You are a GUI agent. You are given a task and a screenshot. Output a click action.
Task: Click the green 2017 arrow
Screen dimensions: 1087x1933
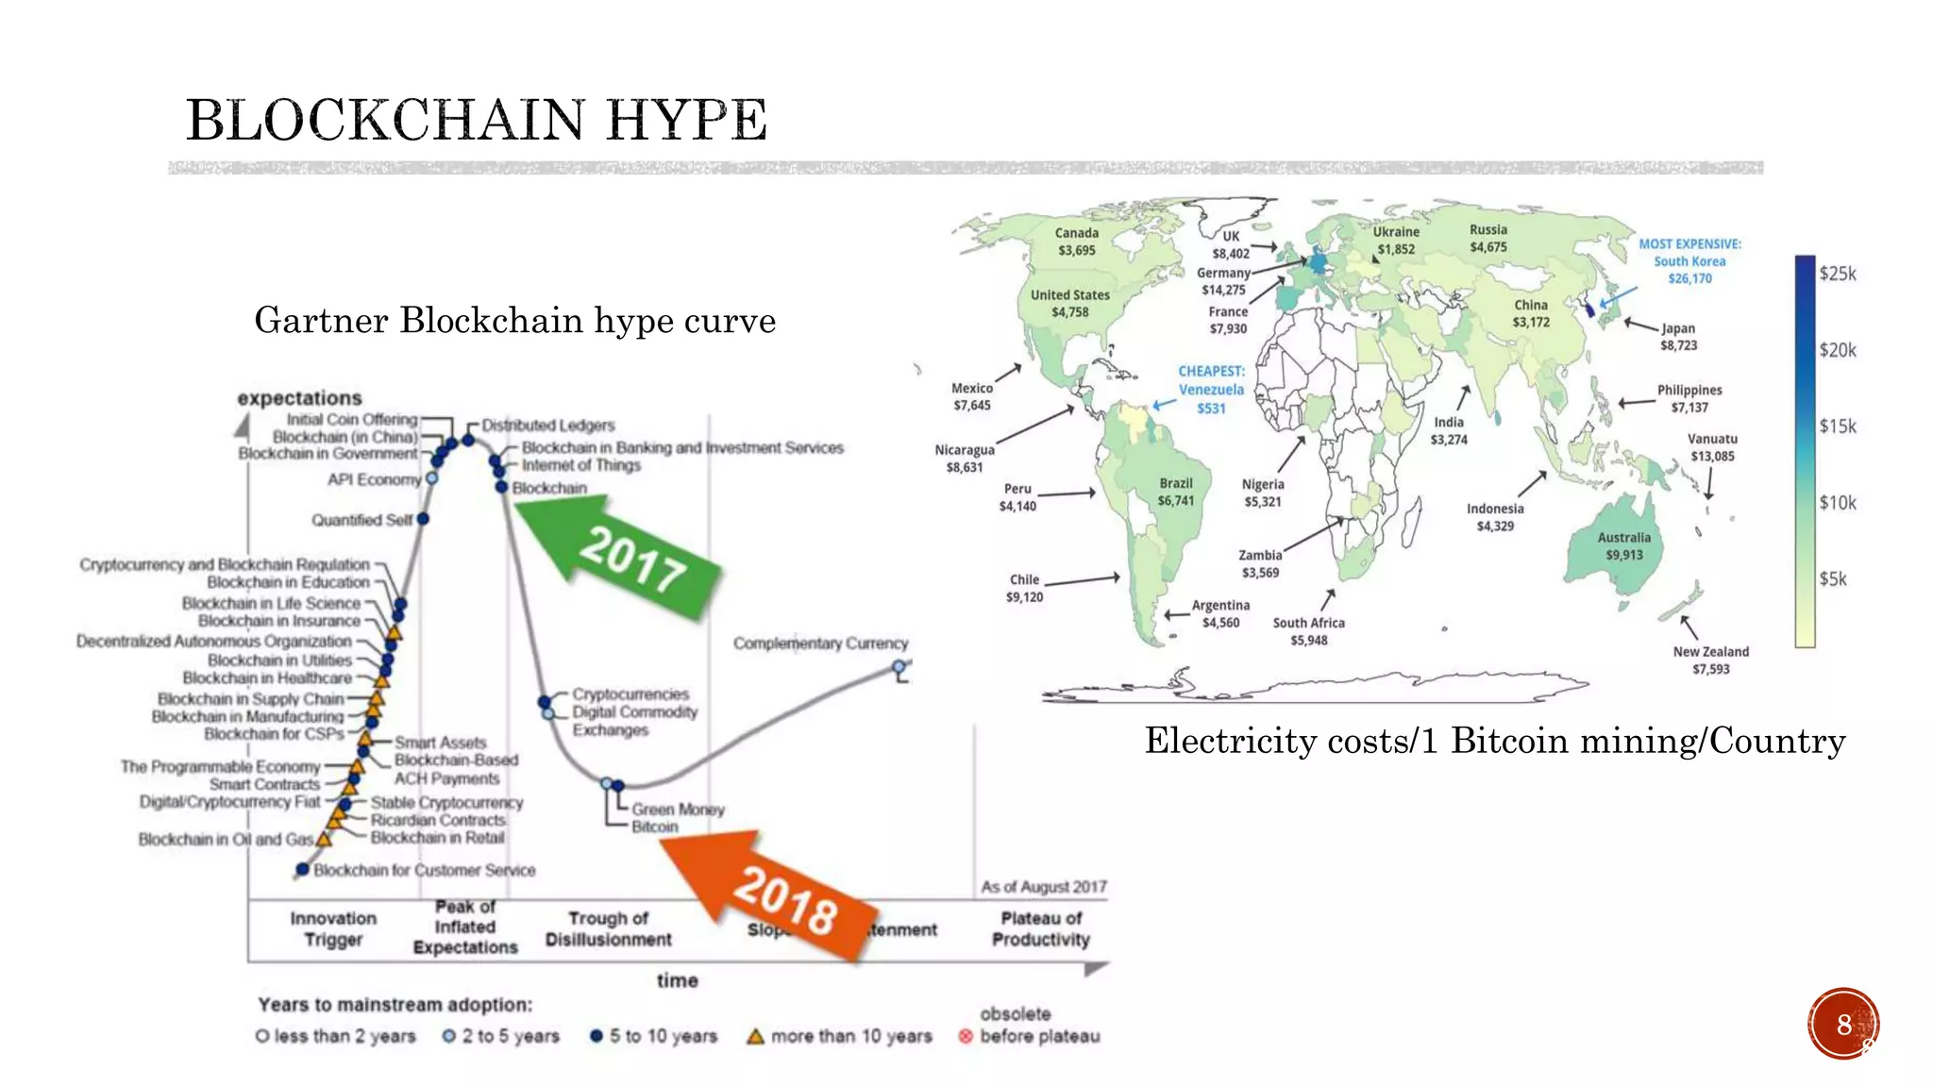tap(623, 557)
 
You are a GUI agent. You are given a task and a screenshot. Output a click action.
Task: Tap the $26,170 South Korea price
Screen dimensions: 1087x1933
tap(1689, 278)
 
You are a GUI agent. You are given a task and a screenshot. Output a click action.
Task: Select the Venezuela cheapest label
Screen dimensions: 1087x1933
tap(1211, 390)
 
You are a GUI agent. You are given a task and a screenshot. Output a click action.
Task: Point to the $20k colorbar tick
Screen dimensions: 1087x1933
tap(1837, 350)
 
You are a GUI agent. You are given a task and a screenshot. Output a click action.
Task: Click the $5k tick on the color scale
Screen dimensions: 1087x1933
tap(1832, 578)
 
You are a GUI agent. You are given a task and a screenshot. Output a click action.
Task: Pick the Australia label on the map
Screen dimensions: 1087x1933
tap(1623, 538)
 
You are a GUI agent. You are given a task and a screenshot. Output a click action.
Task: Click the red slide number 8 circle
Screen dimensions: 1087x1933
tap(1843, 1024)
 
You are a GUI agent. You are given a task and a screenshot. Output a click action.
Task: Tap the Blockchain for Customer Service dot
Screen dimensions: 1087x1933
tap(303, 869)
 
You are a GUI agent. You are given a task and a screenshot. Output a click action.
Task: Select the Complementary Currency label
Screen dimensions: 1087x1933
tap(820, 644)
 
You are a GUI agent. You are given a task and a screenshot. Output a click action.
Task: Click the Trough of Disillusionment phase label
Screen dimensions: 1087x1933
tap(609, 928)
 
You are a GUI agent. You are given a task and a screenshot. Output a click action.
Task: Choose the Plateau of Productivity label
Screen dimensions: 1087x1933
tap(1041, 928)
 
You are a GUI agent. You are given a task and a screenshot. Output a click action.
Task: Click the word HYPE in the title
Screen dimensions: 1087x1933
tap(686, 121)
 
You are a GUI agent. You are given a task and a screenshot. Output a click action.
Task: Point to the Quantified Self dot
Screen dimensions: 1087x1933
tap(423, 519)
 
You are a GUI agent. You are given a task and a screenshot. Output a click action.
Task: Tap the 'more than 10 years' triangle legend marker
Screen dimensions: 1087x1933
tap(755, 1036)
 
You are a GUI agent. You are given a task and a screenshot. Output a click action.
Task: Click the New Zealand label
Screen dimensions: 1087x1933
tap(1710, 652)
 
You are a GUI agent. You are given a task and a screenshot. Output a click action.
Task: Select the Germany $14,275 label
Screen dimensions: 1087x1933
tap(1223, 281)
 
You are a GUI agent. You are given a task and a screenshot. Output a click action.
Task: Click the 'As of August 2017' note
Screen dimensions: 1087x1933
tap(1043, 887)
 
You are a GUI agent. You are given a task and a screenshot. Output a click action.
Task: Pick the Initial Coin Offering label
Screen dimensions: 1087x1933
tap(352, 419)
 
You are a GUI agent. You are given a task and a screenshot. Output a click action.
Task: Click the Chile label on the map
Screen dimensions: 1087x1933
tap(1024, 580)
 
